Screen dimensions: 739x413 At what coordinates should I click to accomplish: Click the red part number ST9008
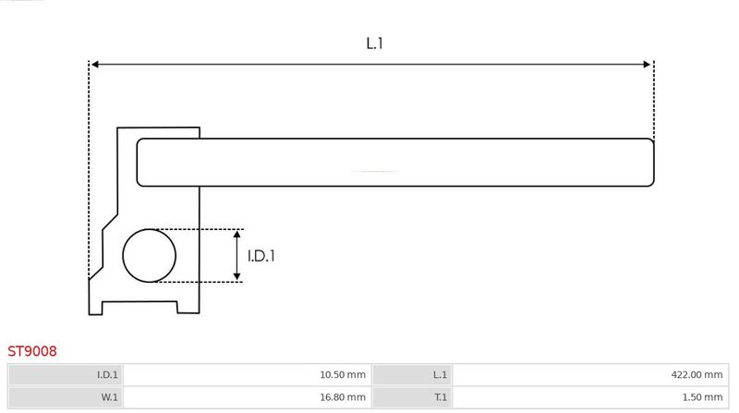[x=32, y=351]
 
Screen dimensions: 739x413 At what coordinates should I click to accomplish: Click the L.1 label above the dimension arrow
[x=375, y=43]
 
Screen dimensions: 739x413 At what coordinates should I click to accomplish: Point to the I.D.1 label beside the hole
[x=261, y=256]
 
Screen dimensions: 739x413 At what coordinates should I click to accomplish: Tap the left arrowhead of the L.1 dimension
[x=95, y=64]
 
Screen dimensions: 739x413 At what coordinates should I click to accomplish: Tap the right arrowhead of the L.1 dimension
[x=647, y=64]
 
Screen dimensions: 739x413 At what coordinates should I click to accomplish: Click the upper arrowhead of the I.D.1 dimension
[x=237, y=235]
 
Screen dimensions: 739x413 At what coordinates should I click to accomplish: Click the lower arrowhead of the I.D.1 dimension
[x=237, y=277]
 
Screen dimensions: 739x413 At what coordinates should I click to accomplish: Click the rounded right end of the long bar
[x=653, y=163]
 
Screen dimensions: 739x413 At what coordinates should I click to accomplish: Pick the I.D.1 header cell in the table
[x=66, y=375]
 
